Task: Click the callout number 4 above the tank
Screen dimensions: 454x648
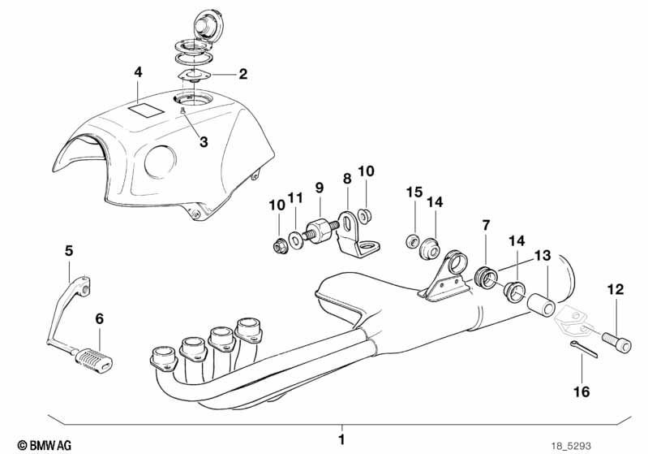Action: pyautogui.click(x=138, y=72)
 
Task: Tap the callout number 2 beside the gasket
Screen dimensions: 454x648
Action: pyautogui.click(x=242, y=75)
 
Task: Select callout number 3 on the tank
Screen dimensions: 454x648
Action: pyautogui.click(x=204, y=141)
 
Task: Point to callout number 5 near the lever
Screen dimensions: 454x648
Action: pyautogui.click(x=69, y=251)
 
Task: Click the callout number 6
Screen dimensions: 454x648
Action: pyautogui.click(x=99, y=319)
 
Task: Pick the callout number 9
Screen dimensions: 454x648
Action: pyautogui.click(x=320, y=187)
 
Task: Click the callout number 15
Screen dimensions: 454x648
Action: pyautogui.click(x=414, y=192)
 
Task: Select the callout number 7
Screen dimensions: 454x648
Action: pyautogui.click(x=486, y=223)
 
